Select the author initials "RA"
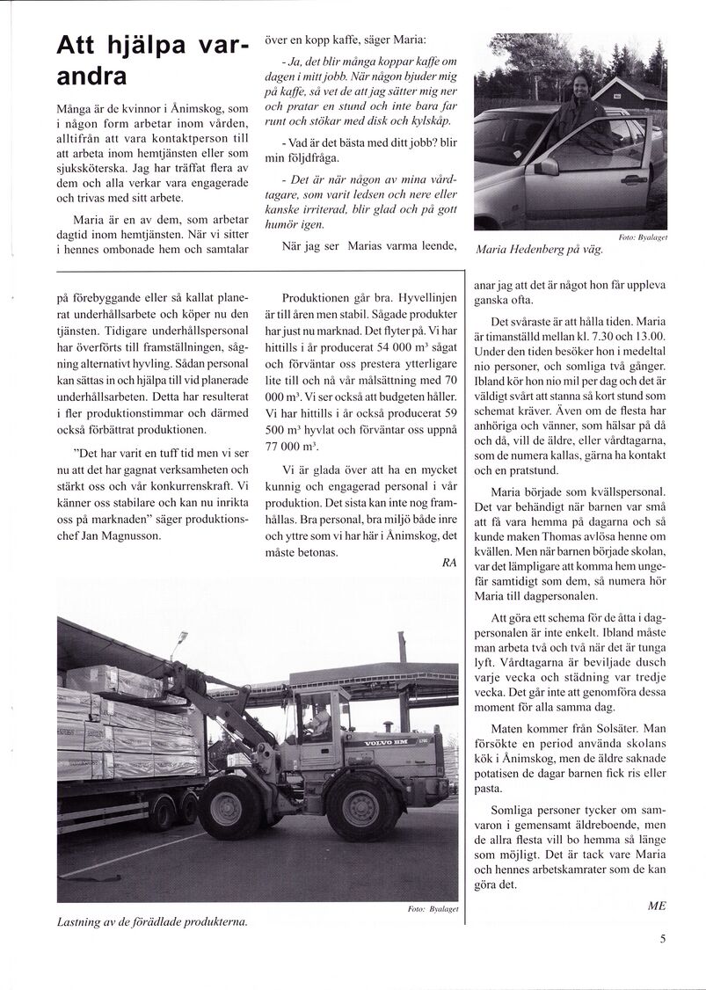(449, 564)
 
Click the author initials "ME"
(656, 906)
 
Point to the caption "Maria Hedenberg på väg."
(539, 250)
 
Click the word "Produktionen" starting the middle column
(318, 298)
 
